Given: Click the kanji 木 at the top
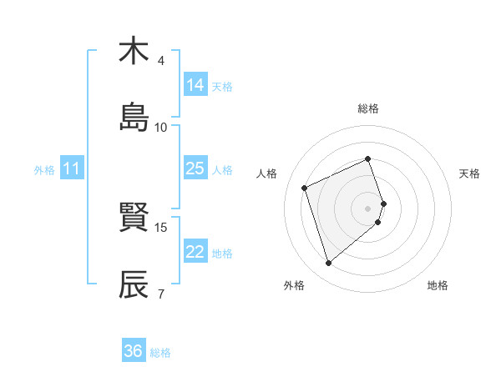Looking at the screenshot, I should pos(134,51).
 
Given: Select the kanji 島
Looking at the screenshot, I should pos(134,118).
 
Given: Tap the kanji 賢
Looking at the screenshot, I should pos(134,219).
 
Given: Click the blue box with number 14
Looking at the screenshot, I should pos(195,85).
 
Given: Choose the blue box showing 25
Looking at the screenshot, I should pos(195,168).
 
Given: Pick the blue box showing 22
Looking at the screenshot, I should pos(195,252).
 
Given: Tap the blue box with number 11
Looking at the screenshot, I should pos(72,168).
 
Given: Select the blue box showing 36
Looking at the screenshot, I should pos(134,351).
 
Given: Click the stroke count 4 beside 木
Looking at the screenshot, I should pos(161,61).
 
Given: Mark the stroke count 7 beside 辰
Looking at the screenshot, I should pos(161,294).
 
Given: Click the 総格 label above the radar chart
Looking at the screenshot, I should pos(368,108).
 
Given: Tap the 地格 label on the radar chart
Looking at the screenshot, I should pos(438,286).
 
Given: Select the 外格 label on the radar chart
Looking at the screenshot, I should pos(294,286).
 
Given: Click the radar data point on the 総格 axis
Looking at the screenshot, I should pos(368,158).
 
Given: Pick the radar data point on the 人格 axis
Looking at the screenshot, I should pos(306,187).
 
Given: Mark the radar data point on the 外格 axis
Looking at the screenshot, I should pos(329,264).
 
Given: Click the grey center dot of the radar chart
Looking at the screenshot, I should pos(368,208).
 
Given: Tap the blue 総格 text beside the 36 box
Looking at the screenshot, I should pos(160,353).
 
